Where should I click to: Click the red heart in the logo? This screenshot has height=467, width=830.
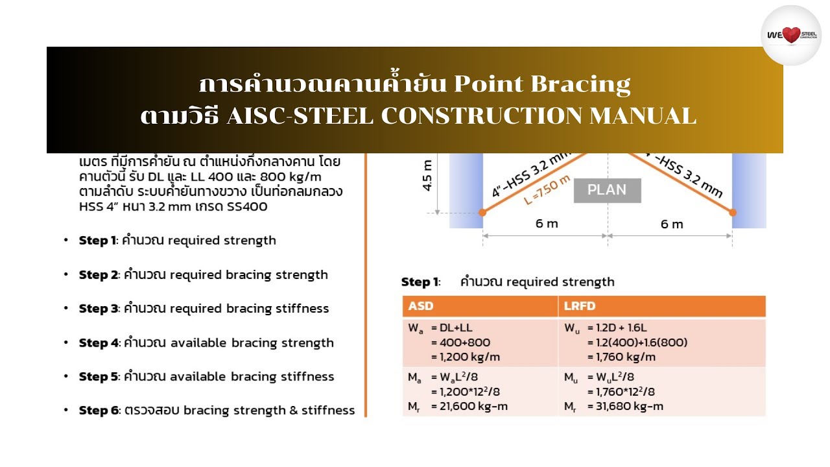(791, 35)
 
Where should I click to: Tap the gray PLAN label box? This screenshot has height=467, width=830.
(607, 190)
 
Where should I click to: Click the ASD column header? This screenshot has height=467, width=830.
(421, 306)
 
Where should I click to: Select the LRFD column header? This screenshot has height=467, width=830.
(579, 306)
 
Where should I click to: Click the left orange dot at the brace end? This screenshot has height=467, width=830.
(482, 212)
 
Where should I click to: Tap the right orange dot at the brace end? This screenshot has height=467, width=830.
(733, 212)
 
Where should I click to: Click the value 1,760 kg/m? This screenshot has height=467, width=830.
(621, 357)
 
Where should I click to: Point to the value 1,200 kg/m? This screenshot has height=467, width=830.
(466, 357)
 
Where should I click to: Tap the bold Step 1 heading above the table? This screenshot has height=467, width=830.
(420, 281)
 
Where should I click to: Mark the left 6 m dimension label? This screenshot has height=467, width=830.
(546, 224)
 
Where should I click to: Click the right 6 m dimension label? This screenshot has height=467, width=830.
(672, 224)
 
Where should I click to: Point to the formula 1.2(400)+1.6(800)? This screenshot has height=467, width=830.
(637, 342)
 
